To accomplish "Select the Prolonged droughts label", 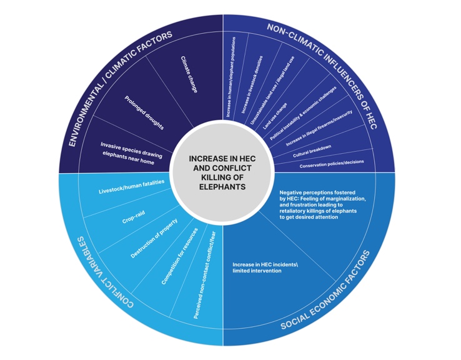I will click(x=144, y=112).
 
